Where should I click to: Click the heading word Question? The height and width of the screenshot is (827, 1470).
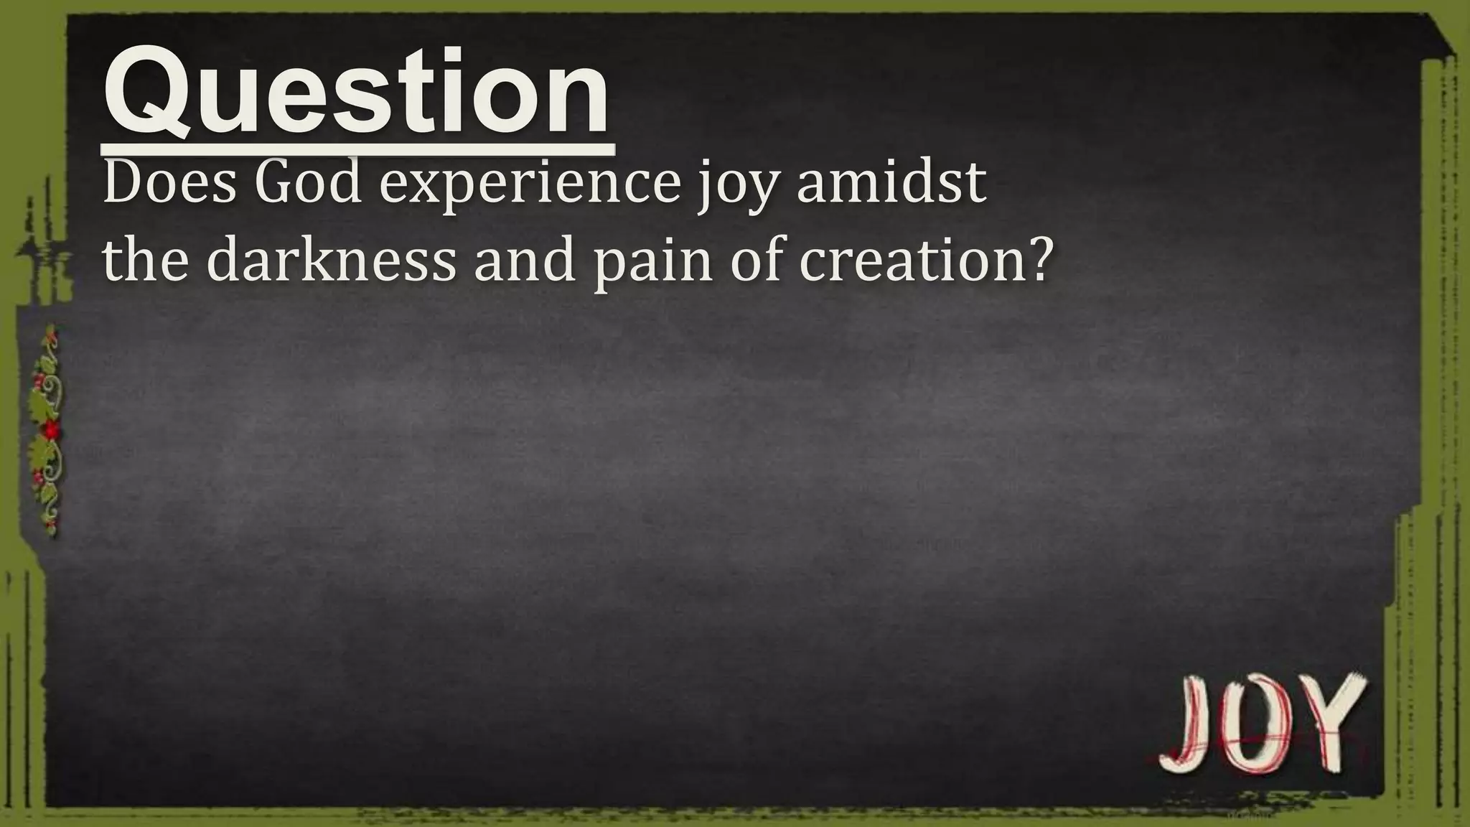coord(357,93)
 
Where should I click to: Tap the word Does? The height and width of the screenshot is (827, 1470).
coord(169,184)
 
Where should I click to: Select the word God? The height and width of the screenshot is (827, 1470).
coord(308,184)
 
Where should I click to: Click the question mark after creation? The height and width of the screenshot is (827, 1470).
coord(1036,258)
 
